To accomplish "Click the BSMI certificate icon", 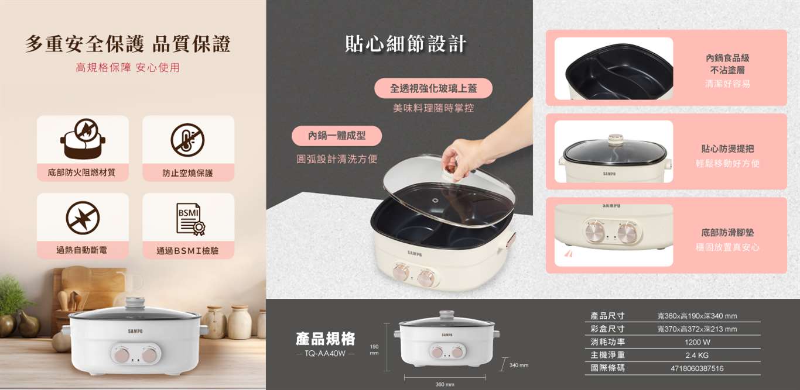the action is (x=190, y=219).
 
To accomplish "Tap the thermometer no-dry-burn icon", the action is (x=187, y=140).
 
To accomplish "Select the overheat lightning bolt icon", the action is (x=83, y=218).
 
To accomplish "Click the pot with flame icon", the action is (x=83, y=139).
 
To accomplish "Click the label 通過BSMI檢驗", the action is (x=188, y=251).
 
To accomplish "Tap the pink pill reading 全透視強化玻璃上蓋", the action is (x=433, y=88).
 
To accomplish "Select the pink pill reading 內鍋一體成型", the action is (x=337, y=136).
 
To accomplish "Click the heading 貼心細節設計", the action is (x=406, y=44).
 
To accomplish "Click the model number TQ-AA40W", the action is (x=325, y=354).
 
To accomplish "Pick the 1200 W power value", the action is (x=697, y=342).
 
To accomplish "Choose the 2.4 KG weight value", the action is (x=697, y=356).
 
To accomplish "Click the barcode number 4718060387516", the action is (x=697, y=368).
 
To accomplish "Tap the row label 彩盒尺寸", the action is (x=607, y=329).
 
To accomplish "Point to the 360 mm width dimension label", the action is (x=445, y=384).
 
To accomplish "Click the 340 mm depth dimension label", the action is (x=518, y=365).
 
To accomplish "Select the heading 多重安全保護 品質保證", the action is (x=128, y=44).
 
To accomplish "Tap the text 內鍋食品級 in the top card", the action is (x=727, y=58).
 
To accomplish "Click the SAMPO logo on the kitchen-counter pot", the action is (x=135, y=332).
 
